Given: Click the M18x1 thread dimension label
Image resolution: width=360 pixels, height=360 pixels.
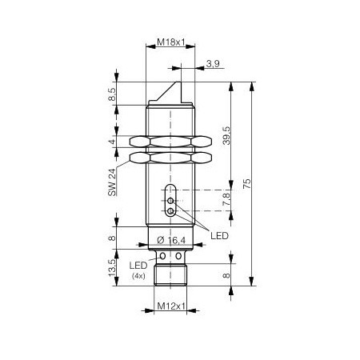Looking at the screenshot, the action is click(170, 42).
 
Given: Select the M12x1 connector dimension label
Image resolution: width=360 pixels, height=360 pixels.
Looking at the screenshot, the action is click(171, 306).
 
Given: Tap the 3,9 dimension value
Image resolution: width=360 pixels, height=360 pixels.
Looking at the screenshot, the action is click(213, 64).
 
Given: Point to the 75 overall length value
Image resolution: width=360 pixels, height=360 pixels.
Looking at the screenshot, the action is click(247, 184).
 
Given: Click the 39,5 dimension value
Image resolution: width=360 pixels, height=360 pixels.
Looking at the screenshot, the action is click(226, 135).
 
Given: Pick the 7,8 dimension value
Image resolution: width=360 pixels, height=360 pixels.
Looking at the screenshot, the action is click(226, 199).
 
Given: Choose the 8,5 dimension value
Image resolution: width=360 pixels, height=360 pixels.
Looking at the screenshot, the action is click(112, 94).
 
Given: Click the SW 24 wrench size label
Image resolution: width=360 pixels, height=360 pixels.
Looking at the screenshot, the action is click(112, 182).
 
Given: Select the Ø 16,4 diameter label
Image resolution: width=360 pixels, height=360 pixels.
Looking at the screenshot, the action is click(171, 240).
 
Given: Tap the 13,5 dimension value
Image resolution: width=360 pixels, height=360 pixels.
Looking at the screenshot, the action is click(112, 267).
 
